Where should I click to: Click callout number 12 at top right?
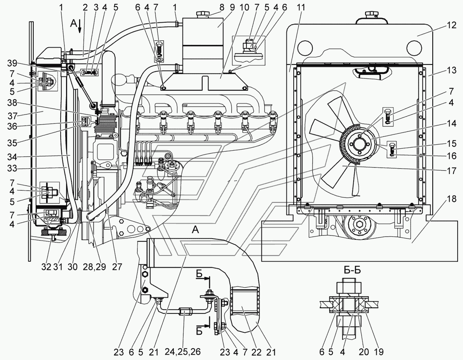pyautogui.click(x=451, y=25)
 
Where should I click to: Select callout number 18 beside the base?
pyautogui.click(x=451, y=199)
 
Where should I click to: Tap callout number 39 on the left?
pyautogui.click(x=12, y=63)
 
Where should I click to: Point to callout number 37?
pyautogui.click(x=12, y=116)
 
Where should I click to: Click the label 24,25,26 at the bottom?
pyautogui.click(x=183, y=352)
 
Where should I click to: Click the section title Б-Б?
pyautogui.click(x=352, y=270)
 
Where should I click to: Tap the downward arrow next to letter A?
pyautogui.click(x=79, y=26)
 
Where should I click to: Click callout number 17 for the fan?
pyautogui.click(x=451, y=171)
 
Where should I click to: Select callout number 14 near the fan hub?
pyautogui.click(x=451, y=124)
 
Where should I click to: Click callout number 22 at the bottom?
pyautogui.click(x=256, y=352)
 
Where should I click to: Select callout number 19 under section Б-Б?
pyautogui.click(x=378, y=352)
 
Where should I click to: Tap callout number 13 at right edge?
pyautogui.click(x=451, y=70)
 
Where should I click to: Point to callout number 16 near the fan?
pyautogui.click(x=451, y=156)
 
